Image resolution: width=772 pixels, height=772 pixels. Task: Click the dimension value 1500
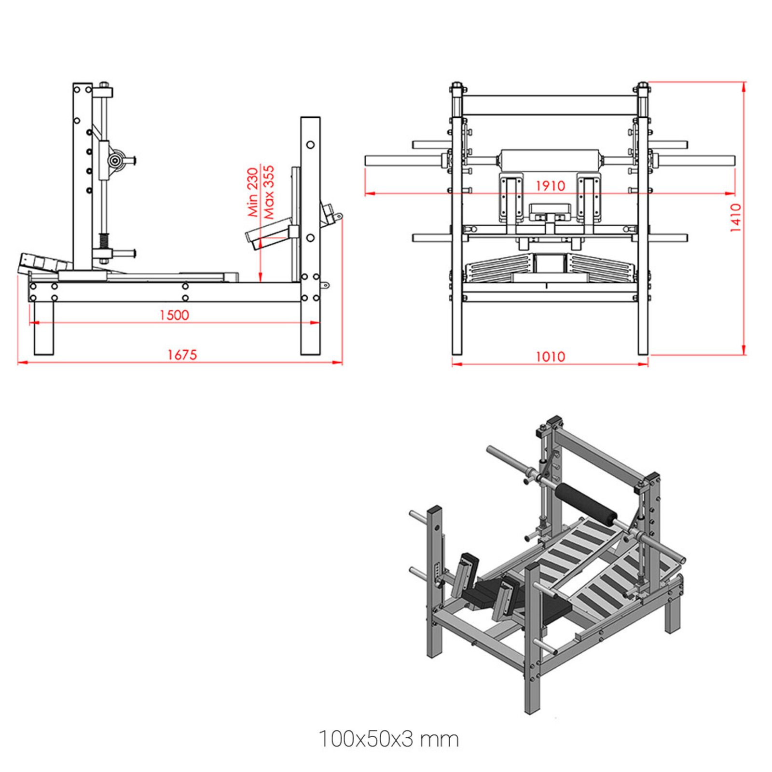tap(174, 315)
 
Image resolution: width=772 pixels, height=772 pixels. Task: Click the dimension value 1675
tap(182, 355)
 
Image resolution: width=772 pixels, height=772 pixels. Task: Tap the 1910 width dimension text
tap(550, 186)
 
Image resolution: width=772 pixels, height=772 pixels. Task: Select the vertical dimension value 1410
tap(735, 218)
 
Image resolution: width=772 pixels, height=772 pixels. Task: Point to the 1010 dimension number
tap(550, 357)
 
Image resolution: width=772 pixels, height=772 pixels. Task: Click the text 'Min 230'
tap(253, 192)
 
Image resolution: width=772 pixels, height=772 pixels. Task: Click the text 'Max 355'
tap(268, 192)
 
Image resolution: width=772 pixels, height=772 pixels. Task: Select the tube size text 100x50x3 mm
tap(388, 739)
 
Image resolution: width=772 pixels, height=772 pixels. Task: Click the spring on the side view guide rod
tap(103, 240)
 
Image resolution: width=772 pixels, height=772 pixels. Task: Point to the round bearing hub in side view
tap(115, 160)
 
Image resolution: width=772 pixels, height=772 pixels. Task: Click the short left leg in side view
tap(43, 328)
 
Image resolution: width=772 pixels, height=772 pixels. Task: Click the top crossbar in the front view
tap(550, 105)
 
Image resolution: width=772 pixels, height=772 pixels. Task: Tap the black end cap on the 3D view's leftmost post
tap(434, 509)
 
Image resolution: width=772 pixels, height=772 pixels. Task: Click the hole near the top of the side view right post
tap(310, 144)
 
